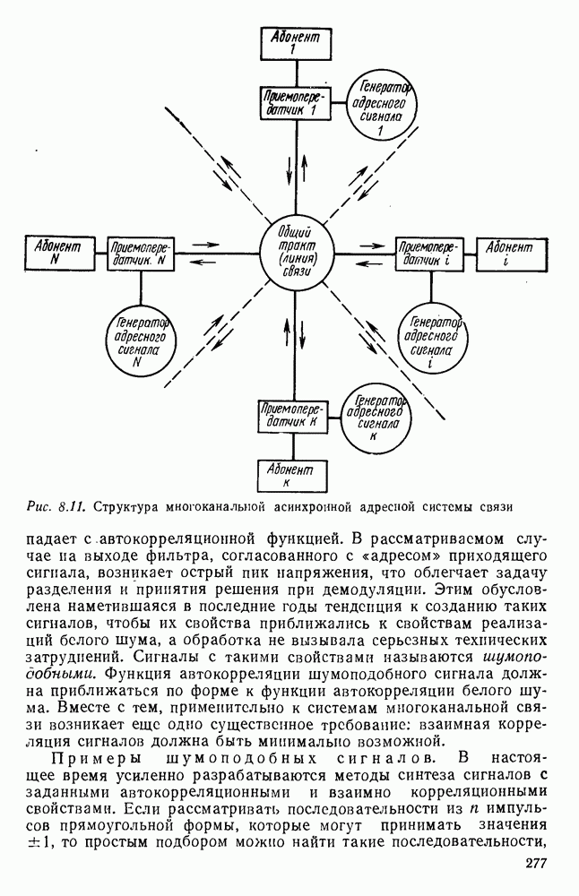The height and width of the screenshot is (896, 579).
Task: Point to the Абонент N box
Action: pyautogui.click(x=57, y=252)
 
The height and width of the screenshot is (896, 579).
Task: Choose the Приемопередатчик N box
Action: pyautogui.click(x=140, y=253)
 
